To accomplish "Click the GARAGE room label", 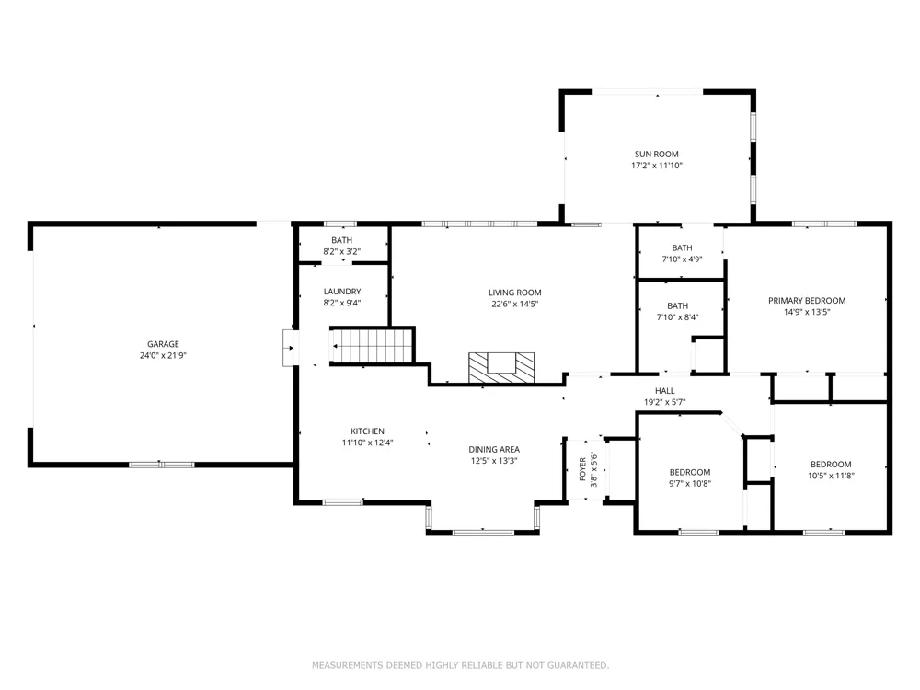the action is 163,344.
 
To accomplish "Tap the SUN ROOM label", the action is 657,155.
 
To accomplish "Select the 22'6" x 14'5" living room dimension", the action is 514,304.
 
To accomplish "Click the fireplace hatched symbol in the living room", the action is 501,368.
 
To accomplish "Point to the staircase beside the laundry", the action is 372,346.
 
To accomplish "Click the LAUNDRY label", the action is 342,292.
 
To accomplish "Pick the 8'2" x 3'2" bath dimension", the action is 341,252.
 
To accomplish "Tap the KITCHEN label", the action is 367,431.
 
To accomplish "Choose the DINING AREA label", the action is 494,450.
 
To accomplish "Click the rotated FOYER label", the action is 582,469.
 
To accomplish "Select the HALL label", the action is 665,391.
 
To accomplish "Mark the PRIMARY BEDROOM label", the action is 807,301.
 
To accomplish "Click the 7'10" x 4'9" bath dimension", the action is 682,259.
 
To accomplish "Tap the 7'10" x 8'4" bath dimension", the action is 677,317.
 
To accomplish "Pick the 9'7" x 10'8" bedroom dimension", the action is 690,484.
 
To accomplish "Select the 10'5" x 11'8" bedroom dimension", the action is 831,476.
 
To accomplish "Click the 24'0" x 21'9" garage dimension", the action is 163,355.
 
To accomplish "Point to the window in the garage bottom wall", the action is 161,465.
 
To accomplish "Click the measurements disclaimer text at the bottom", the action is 460,665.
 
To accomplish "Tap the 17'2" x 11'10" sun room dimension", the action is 657,166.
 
